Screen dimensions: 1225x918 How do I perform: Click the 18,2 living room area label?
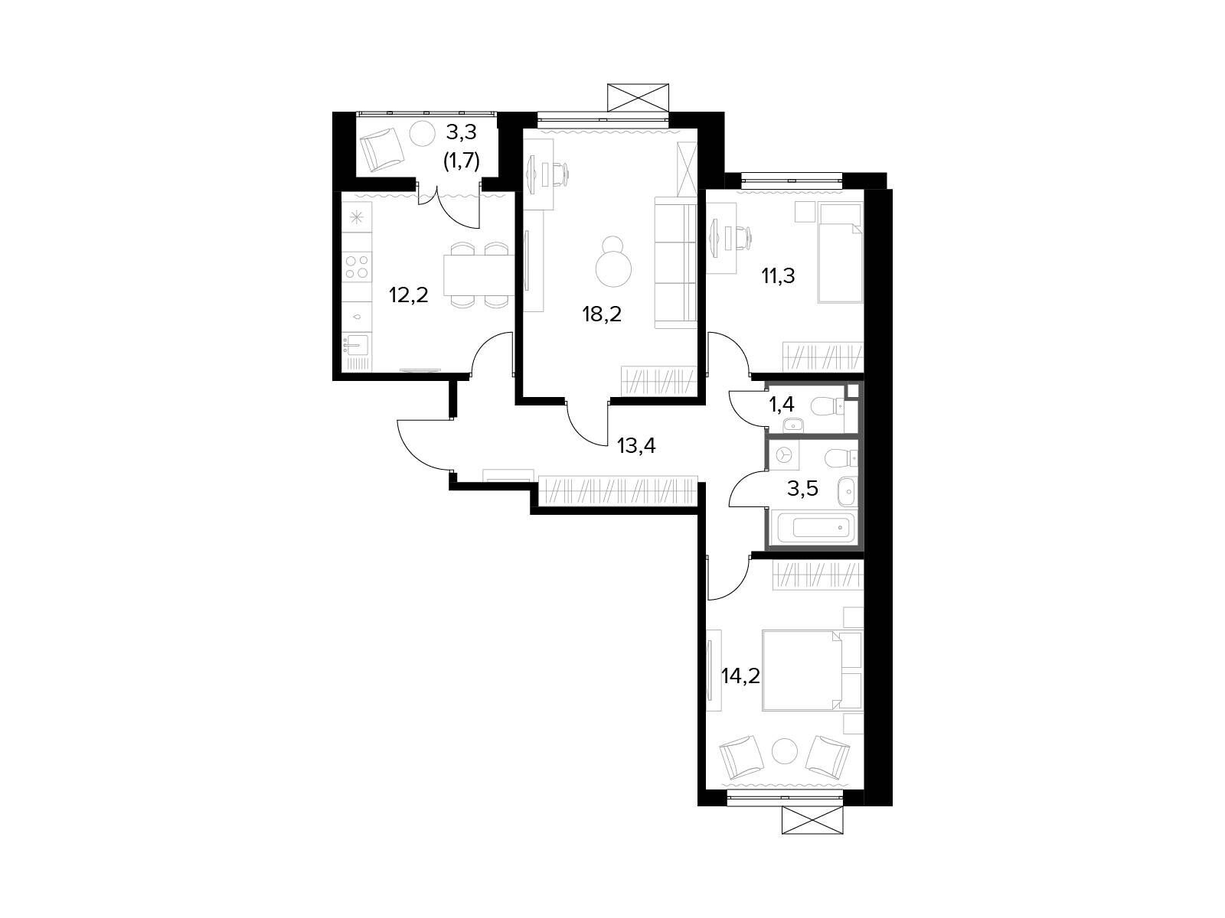pos(602,315)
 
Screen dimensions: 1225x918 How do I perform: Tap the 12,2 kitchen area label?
pos(409,295)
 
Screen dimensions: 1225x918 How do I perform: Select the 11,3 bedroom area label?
pos(778,275)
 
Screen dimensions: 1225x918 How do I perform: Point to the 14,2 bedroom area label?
pos(740,676)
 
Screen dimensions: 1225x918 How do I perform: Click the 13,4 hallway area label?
pos(636,445)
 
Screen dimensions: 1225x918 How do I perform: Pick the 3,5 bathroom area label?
pos(802,488)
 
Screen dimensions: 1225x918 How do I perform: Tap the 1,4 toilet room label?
pos(782,405)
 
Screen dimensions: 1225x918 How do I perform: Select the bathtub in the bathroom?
pos(812,527)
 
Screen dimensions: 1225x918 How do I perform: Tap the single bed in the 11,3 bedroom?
pos(840,252)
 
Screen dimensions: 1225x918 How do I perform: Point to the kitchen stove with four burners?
pos(357,266)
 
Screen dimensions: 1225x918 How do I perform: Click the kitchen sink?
pos(355,345)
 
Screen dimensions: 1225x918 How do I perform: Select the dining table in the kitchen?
pos(479,275)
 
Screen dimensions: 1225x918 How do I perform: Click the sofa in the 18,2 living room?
pos(675,262)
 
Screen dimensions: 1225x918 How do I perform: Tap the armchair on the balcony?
pos(382,149)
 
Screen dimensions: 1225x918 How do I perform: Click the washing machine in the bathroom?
pos(785,455)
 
